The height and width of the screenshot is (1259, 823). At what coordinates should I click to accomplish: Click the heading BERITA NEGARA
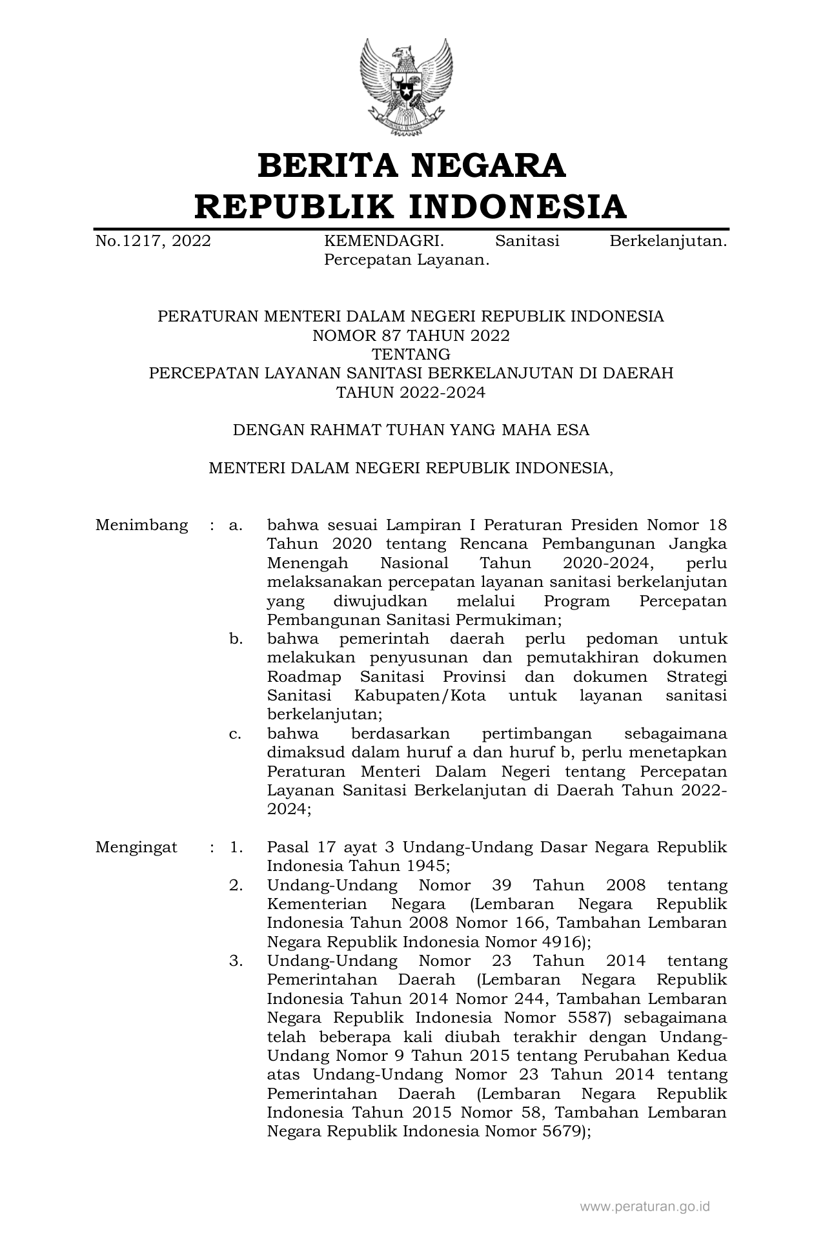[x=411, y=165]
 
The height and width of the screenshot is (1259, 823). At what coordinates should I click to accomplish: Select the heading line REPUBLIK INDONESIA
[x=411, y=207]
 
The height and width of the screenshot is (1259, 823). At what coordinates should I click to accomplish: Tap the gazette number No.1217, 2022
[x=153, y=241]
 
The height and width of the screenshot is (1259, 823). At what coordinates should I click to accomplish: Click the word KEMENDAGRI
[x=383, y=241]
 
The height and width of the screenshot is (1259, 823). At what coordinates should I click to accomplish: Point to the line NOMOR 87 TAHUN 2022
[x=411, y=336]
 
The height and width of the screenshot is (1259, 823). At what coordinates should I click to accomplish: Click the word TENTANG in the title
[x=411, y=354]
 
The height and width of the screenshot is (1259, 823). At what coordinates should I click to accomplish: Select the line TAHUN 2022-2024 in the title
[x=411, y=393]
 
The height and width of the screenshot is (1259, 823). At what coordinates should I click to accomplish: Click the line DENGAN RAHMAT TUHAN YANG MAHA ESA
[x=411, y=430]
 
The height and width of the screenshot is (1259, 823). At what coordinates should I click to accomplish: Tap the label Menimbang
[x=142, y=526]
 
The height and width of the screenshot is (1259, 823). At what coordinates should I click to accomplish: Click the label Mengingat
[x=136, y=848]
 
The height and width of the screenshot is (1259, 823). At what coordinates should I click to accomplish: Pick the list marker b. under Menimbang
[x=236, y=639]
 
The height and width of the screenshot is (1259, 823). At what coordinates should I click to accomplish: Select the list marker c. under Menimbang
[x=236, y=734]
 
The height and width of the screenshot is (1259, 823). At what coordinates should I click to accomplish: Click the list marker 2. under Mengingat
[x=236, y=885]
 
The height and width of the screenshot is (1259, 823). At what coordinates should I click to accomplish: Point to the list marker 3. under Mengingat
[x=236, y=961]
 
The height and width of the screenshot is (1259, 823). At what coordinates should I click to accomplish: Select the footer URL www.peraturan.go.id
[x=645, y=1206]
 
